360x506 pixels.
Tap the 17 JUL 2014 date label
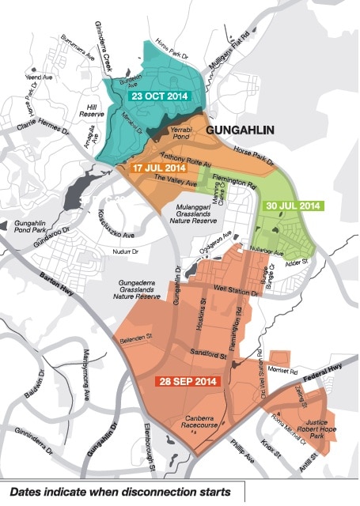pos(158,168)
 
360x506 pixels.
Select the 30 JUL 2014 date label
pos(292,206)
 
